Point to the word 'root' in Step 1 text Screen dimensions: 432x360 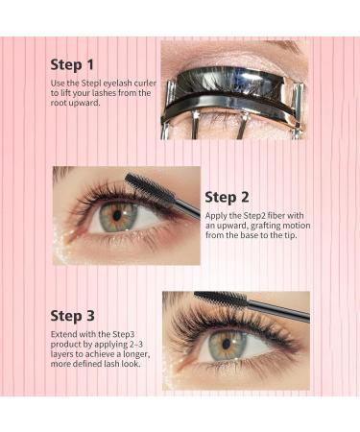[62, 103]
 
